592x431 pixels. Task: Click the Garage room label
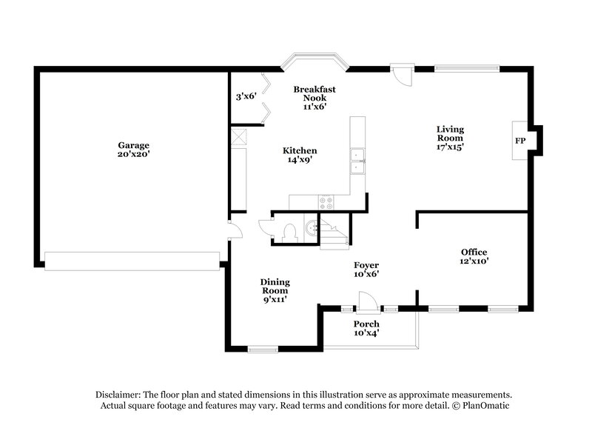tap(134, 144)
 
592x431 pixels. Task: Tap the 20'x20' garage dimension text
tap(134, 155)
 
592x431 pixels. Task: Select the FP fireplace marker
tap(520, 141)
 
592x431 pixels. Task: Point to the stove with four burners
tap(326, 201)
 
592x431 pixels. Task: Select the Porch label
tap(366, 324)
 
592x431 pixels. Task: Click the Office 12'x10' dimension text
tap(474, 261)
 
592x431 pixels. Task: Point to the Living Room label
tap(449, 133)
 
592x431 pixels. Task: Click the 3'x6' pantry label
tap(246, 96)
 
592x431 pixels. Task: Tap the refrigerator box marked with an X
tap(239, 137)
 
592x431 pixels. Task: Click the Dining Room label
tap(275, 286)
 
